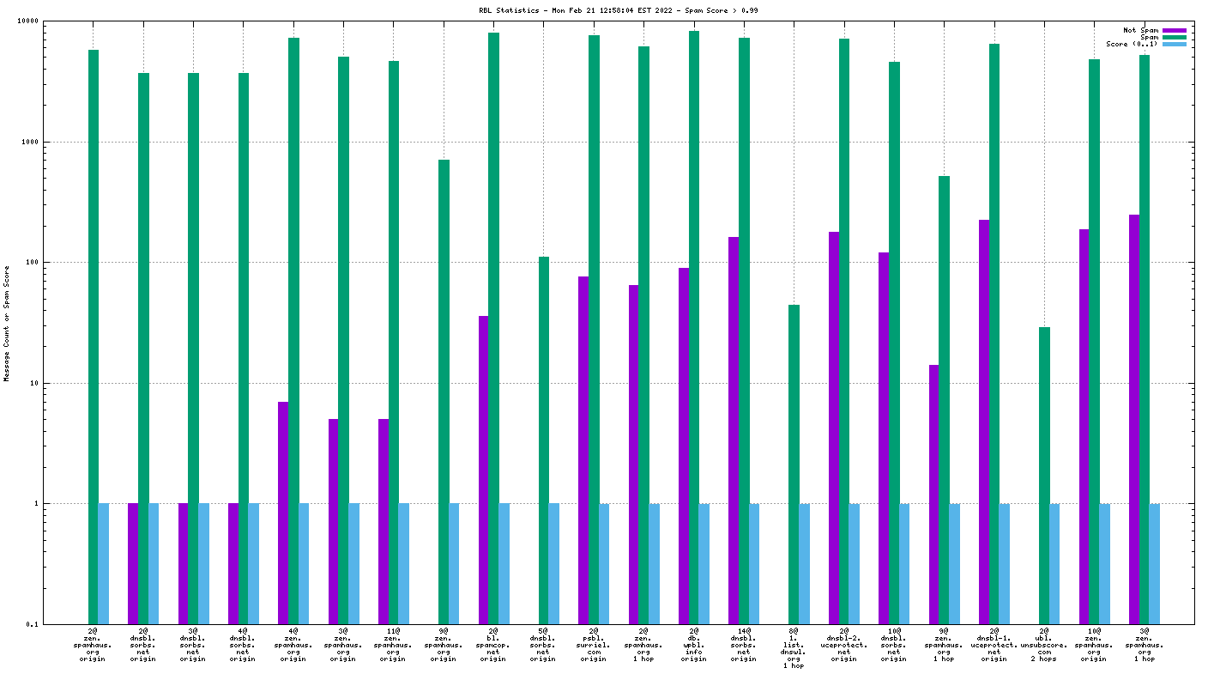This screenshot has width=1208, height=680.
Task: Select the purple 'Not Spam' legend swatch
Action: click(1175, 30)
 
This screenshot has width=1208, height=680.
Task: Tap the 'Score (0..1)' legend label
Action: click(1132, 44)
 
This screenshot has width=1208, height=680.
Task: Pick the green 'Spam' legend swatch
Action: click(1175, 37)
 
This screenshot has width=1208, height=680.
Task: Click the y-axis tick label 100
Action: click(33, 262)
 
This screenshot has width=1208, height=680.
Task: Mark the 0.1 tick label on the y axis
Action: click(33, 624)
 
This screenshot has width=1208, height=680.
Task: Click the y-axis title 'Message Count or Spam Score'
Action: click(7, 322)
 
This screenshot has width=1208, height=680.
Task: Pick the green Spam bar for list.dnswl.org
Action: click(794, 464)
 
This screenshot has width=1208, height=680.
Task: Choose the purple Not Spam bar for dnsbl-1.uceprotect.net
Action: click(984, 422)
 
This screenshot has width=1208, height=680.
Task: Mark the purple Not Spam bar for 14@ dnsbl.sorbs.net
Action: click(734, 430)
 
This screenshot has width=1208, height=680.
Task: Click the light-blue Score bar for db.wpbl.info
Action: click(704, 563)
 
